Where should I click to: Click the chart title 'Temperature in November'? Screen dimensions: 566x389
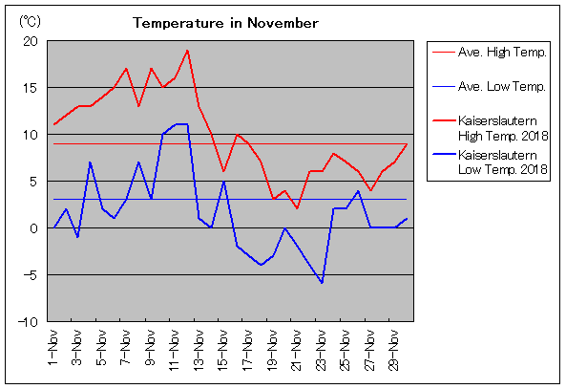[x=225, y=23]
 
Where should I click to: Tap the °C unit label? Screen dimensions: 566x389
[x=30, y=22]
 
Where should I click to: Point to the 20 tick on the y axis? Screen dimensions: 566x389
[x=31, y=41]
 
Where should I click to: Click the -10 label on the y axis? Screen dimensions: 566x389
[x=28, y=322]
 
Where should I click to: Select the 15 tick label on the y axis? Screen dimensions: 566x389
[x=31, y=88]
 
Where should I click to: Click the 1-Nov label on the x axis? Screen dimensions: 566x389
[x=52, y=348]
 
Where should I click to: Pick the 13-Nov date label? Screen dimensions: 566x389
[x=199, y=350]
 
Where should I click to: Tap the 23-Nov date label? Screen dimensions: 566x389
[x=321, y=350]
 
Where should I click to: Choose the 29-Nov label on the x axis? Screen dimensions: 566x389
[x=394, y=350]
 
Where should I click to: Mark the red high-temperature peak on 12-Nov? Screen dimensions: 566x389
[x=187, y=51]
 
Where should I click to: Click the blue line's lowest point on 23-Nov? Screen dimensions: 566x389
[x=322, y=283]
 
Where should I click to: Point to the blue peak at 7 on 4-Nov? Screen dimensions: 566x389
[x=90, y=162]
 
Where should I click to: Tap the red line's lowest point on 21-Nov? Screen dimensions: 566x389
[x=297, y=208]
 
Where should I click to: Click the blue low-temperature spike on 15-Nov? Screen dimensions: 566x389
[x=224, y=182]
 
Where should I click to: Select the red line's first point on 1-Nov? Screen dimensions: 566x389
[x=53, y=124]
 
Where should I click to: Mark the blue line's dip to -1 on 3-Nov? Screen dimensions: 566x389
[x=77, y=237]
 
